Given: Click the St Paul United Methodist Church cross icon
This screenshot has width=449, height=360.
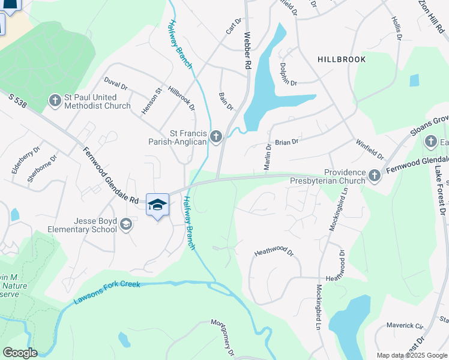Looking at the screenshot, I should coord(55,100).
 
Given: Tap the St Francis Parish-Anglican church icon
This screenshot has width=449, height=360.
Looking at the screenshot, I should coord(216,137).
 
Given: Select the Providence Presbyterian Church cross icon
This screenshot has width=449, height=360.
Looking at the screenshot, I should coord(375,175).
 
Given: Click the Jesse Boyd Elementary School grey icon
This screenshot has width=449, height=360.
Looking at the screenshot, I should coord(125,224).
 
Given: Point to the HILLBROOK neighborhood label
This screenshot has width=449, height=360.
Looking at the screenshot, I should coord(341,60).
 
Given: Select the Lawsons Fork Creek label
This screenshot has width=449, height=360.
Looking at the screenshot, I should coord(107,292).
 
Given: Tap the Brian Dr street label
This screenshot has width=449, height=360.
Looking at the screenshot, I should coord(286,142).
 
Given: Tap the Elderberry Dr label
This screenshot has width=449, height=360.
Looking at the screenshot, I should coord(26,161).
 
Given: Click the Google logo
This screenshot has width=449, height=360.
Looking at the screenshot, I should coord(19,353).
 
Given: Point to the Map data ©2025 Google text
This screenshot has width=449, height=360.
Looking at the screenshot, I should coord(411,355).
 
